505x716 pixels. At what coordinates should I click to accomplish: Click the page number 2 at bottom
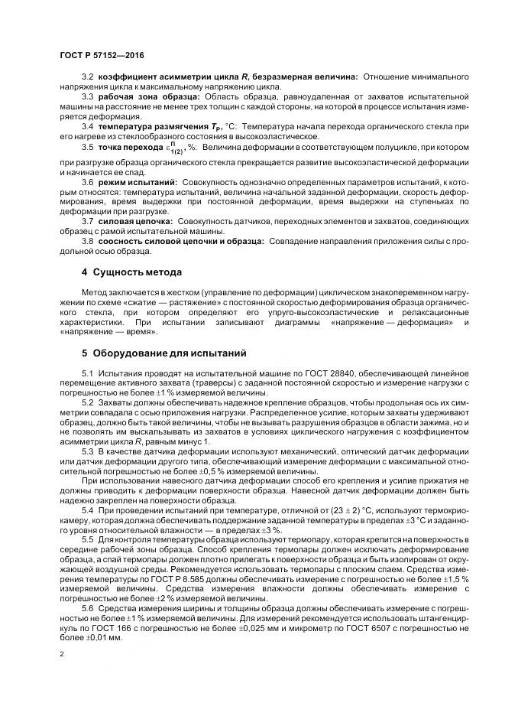pyautogui.click(x=61, y=655)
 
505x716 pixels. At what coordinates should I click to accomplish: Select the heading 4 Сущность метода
pyautogui.click(x=131, y=272)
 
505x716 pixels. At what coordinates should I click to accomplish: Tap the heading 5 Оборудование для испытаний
pyautogui.click(x=163, y=353)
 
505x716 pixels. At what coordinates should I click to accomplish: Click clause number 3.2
pyautogui.click(x=87, y=77)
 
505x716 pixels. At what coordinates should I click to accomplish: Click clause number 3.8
pyautogui.click(x=87, y=241)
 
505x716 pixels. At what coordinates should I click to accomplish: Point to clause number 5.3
pyautogui.click(x=87, y=454)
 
